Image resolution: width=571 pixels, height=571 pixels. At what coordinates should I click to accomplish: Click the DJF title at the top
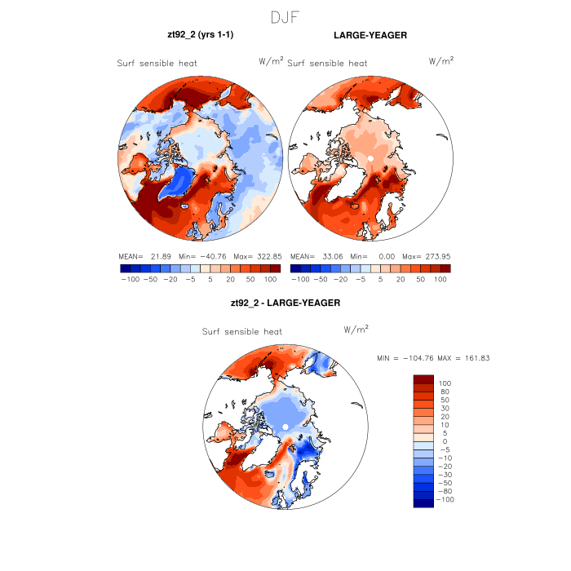click(285, 17)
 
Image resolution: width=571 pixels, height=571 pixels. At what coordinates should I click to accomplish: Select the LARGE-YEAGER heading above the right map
click(370, 36)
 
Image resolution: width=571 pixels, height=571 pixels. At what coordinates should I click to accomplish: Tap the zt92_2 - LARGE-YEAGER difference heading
click(285, 303)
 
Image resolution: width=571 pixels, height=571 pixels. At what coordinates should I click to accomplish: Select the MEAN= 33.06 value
click(316, 256)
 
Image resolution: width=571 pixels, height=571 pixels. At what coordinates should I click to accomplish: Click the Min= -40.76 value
click(200, 256)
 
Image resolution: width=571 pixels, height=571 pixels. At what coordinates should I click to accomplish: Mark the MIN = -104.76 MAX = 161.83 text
click(433, 358)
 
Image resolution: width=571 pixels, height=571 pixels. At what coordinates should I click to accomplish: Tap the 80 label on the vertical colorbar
click(445, 392)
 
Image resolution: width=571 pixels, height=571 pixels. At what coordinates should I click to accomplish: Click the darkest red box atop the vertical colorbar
click(423, 379)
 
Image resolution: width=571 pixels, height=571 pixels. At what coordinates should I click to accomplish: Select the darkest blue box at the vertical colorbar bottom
click(423, 502)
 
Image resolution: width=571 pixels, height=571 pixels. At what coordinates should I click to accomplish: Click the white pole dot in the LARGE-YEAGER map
click(370, 157)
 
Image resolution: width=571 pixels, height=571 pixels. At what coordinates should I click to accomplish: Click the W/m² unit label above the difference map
click(356, 330)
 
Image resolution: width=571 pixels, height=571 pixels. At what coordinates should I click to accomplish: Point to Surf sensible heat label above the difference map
click(242, 332)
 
